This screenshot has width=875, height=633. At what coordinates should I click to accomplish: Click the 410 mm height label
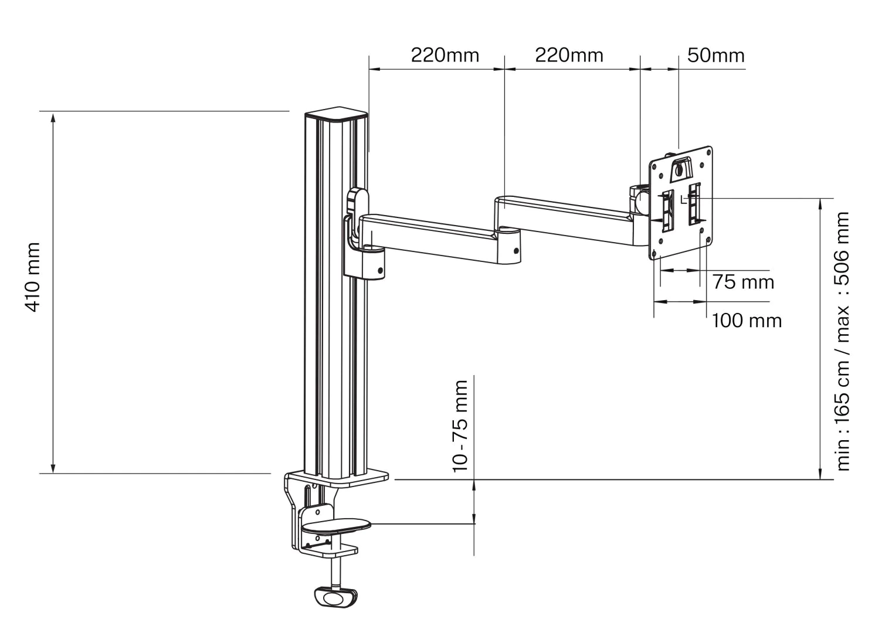point(33,277)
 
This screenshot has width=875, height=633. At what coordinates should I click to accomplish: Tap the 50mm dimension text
point(716,56)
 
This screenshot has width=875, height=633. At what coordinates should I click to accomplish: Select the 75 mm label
point(744,282)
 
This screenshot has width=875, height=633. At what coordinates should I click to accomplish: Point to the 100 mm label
point(747,321)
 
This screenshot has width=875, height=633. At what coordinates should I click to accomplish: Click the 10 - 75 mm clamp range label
point(460,426)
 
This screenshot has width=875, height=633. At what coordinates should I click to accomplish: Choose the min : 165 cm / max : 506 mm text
point(843,341)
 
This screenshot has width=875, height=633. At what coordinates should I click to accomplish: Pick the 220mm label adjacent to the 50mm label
point(569,56)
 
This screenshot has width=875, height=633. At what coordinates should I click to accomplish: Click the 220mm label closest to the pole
point(445,56)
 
